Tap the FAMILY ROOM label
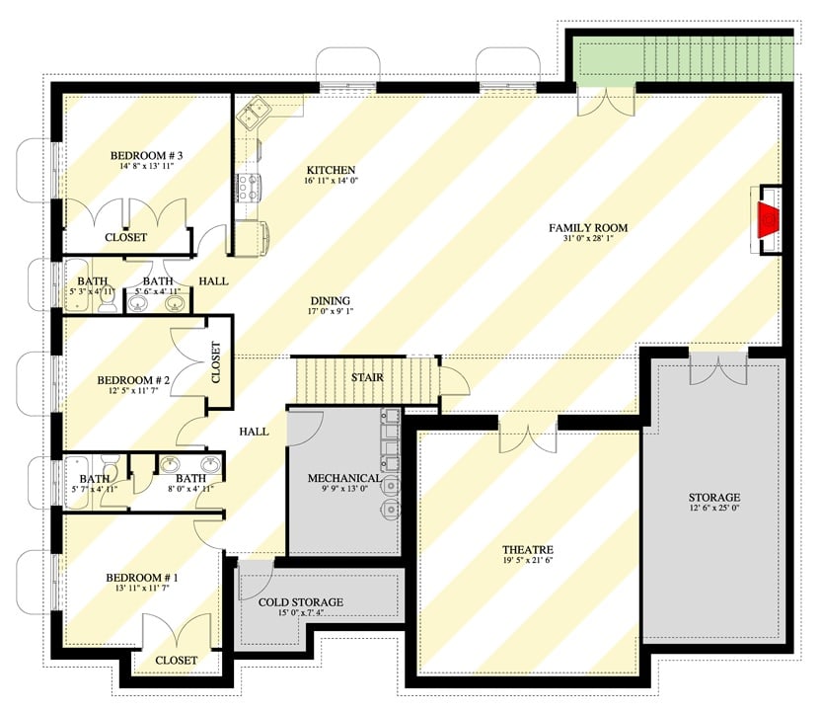[588, 228]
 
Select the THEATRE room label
[527, 550]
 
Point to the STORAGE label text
[715, 497]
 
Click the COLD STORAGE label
[301, 601]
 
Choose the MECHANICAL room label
[344, 478]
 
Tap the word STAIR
[367, 376]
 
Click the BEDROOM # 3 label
[146, 154]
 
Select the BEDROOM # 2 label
[134, 380]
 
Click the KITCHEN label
[331, 170]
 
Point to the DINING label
[330, 301]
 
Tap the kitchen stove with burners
[246, 185]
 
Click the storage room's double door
[713, 369]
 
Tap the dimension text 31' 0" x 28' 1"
[588, 241]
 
